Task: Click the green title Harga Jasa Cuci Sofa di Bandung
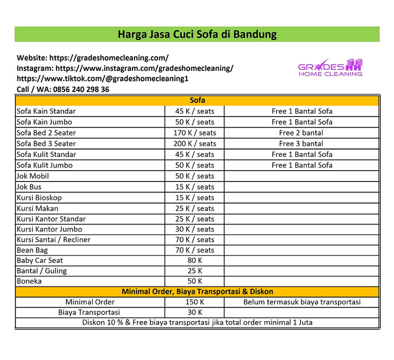click(197, 35)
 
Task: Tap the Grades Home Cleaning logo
click(330, 67)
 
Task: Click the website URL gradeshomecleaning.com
click(93, 58)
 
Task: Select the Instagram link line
click(125, 68)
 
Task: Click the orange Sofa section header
click(197, 100)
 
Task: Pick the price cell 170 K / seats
click(194, 133)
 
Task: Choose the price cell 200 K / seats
click(194, 143)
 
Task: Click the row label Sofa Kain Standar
click(46, 111)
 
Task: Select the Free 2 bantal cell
click(301, 133)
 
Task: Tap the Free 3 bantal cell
click(301, 143)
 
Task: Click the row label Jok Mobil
click(33, 176)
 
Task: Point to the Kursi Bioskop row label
click(39, 197)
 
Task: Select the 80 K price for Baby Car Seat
click(194, 260)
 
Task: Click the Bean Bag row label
click(32, 250)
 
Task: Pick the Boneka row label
click(29, 281)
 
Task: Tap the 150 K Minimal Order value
click(194, 302)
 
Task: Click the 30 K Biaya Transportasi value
click(194, 312)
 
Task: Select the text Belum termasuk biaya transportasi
click(302, 302)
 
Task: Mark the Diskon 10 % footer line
click(197, 322)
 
